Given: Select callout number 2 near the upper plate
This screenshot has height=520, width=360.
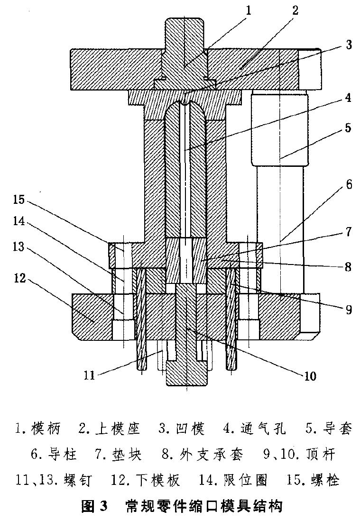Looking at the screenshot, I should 295,10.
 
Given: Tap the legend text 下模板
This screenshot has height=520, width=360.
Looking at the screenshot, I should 159,481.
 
